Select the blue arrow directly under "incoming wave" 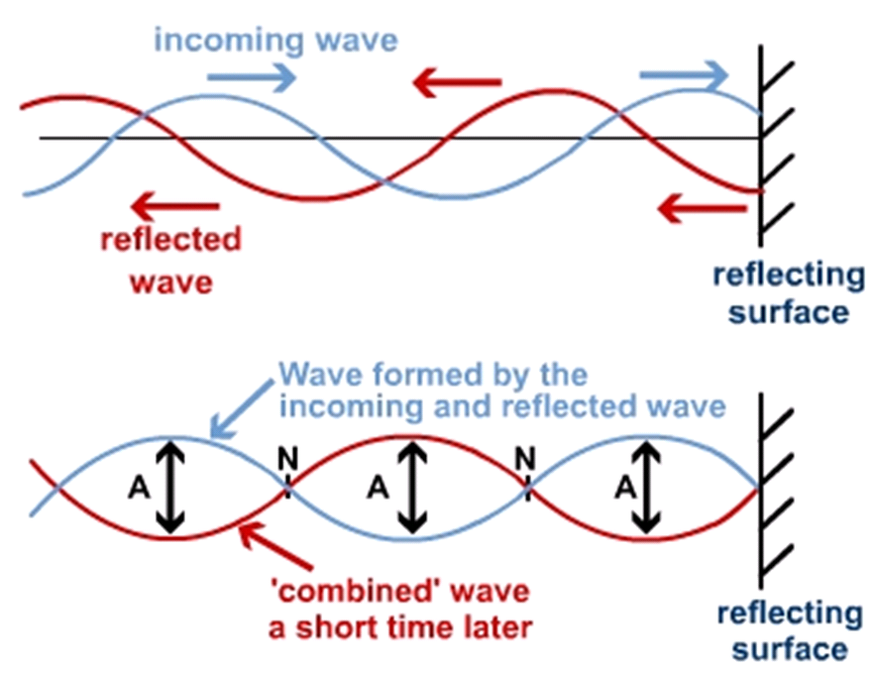pos(252,77)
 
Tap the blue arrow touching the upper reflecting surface pos(684,74)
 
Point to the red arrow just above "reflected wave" pos(175,206)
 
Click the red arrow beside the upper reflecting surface pos(703,208)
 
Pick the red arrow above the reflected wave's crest pos(457,82)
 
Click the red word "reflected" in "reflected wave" pos(171,239)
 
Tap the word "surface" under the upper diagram pos(789,312)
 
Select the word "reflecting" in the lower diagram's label pos(790,615)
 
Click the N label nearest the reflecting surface pos(525,459)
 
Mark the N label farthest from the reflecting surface pos(287,459)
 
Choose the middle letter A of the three pos(378,488)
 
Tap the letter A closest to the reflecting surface pos(625,488)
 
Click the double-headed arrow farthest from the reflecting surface pos(170,487)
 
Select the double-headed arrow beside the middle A pos(412,487)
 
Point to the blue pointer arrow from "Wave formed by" pos(242,408)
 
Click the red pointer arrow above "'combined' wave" pos(275,546)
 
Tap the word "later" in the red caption pos(498,627)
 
